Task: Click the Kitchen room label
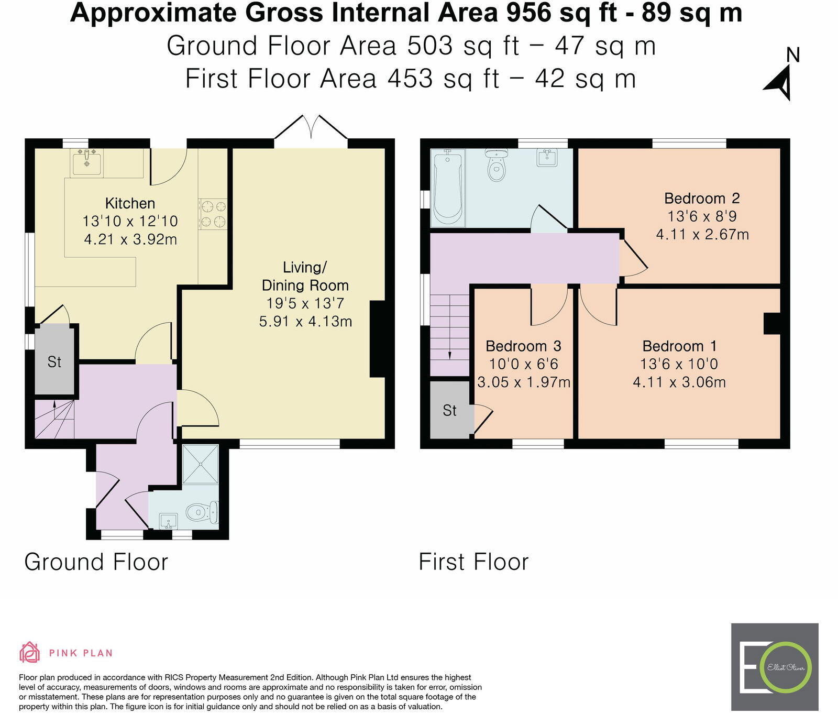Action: click(130, 203)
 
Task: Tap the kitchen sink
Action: click(86, 162)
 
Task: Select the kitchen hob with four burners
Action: click(213, 214)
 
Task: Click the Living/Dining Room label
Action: click(305, 276)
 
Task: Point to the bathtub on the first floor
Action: click(447, 188)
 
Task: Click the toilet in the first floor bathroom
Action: click(496, 164)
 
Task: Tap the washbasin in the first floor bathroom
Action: click(547, 158)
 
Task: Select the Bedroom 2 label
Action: click(702, 199)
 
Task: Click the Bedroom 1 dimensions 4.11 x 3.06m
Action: click(679, 382)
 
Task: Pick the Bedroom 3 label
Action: click(523, 346)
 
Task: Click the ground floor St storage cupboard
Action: click(54, 360)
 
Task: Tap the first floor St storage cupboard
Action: click(450, 410)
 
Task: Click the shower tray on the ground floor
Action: click(201, 465)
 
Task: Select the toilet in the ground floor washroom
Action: click(202, 512)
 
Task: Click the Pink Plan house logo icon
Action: click(29, 653)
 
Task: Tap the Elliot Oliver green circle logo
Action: click(786, 667)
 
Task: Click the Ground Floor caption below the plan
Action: click(96, 562)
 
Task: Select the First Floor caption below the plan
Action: click(474, 562)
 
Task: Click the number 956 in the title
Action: click(528, 13)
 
